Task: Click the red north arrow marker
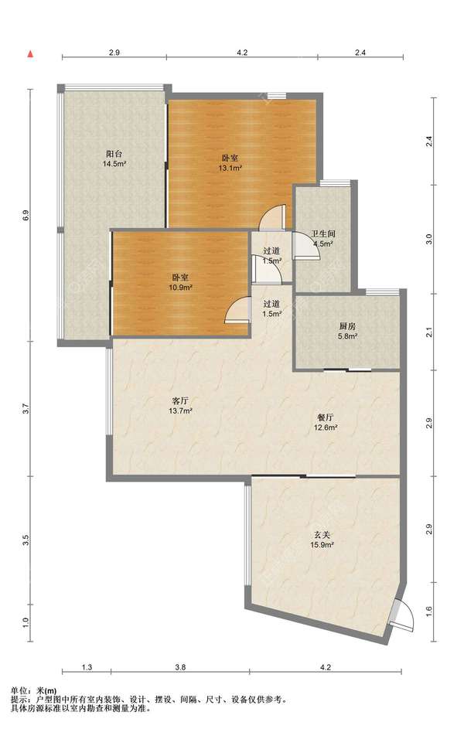[30, 54]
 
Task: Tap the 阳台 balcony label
[114, 154]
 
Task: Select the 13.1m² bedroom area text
[230, 168]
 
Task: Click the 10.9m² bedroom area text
[180, 288]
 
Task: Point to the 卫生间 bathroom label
[323, 234]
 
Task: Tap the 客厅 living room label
[180, 400]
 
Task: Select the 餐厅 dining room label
[325, 417]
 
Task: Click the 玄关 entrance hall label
[322, 535]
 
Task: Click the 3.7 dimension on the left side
[26, 409]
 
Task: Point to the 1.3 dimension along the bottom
[87, 667]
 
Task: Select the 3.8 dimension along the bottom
[180, 667]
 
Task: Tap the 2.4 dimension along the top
[360, 53]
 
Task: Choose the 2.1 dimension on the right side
[428, 333]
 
